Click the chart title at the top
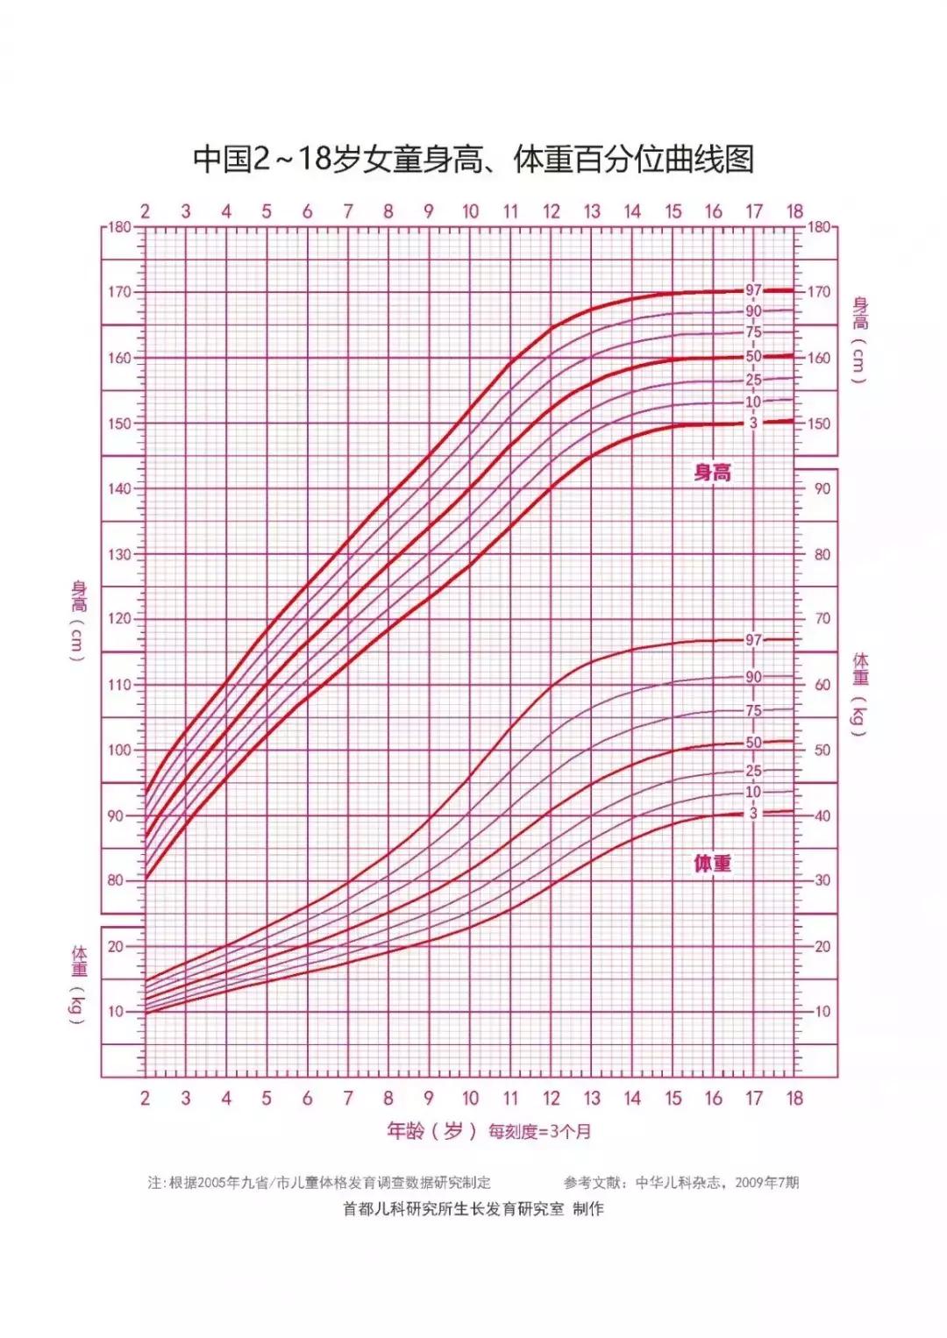(x=473, y=160)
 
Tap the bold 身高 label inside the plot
(x=712, y=473)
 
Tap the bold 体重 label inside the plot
(x=712, y=864)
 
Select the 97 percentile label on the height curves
(x=754, y=290)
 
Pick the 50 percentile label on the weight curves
(x=754, y=743)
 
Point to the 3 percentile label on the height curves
(x=753, y=423)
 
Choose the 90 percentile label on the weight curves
(x=754, y=677)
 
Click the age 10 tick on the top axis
(x=470, y=211)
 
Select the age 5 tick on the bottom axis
(x=267, y=1099)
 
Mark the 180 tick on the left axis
(x=119, y=227)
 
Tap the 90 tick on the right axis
(x=822, y=488)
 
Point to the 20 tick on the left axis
(x=116, y=947)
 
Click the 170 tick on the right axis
(x=818, y=292)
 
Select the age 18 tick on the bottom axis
(x=794, y=1099)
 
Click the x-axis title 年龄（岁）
(x=432, y=1131)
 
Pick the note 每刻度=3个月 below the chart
(x=539, y=1132)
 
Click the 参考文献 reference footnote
(x=681, y=1182)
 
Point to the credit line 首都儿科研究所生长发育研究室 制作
(x=473, y=1209)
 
